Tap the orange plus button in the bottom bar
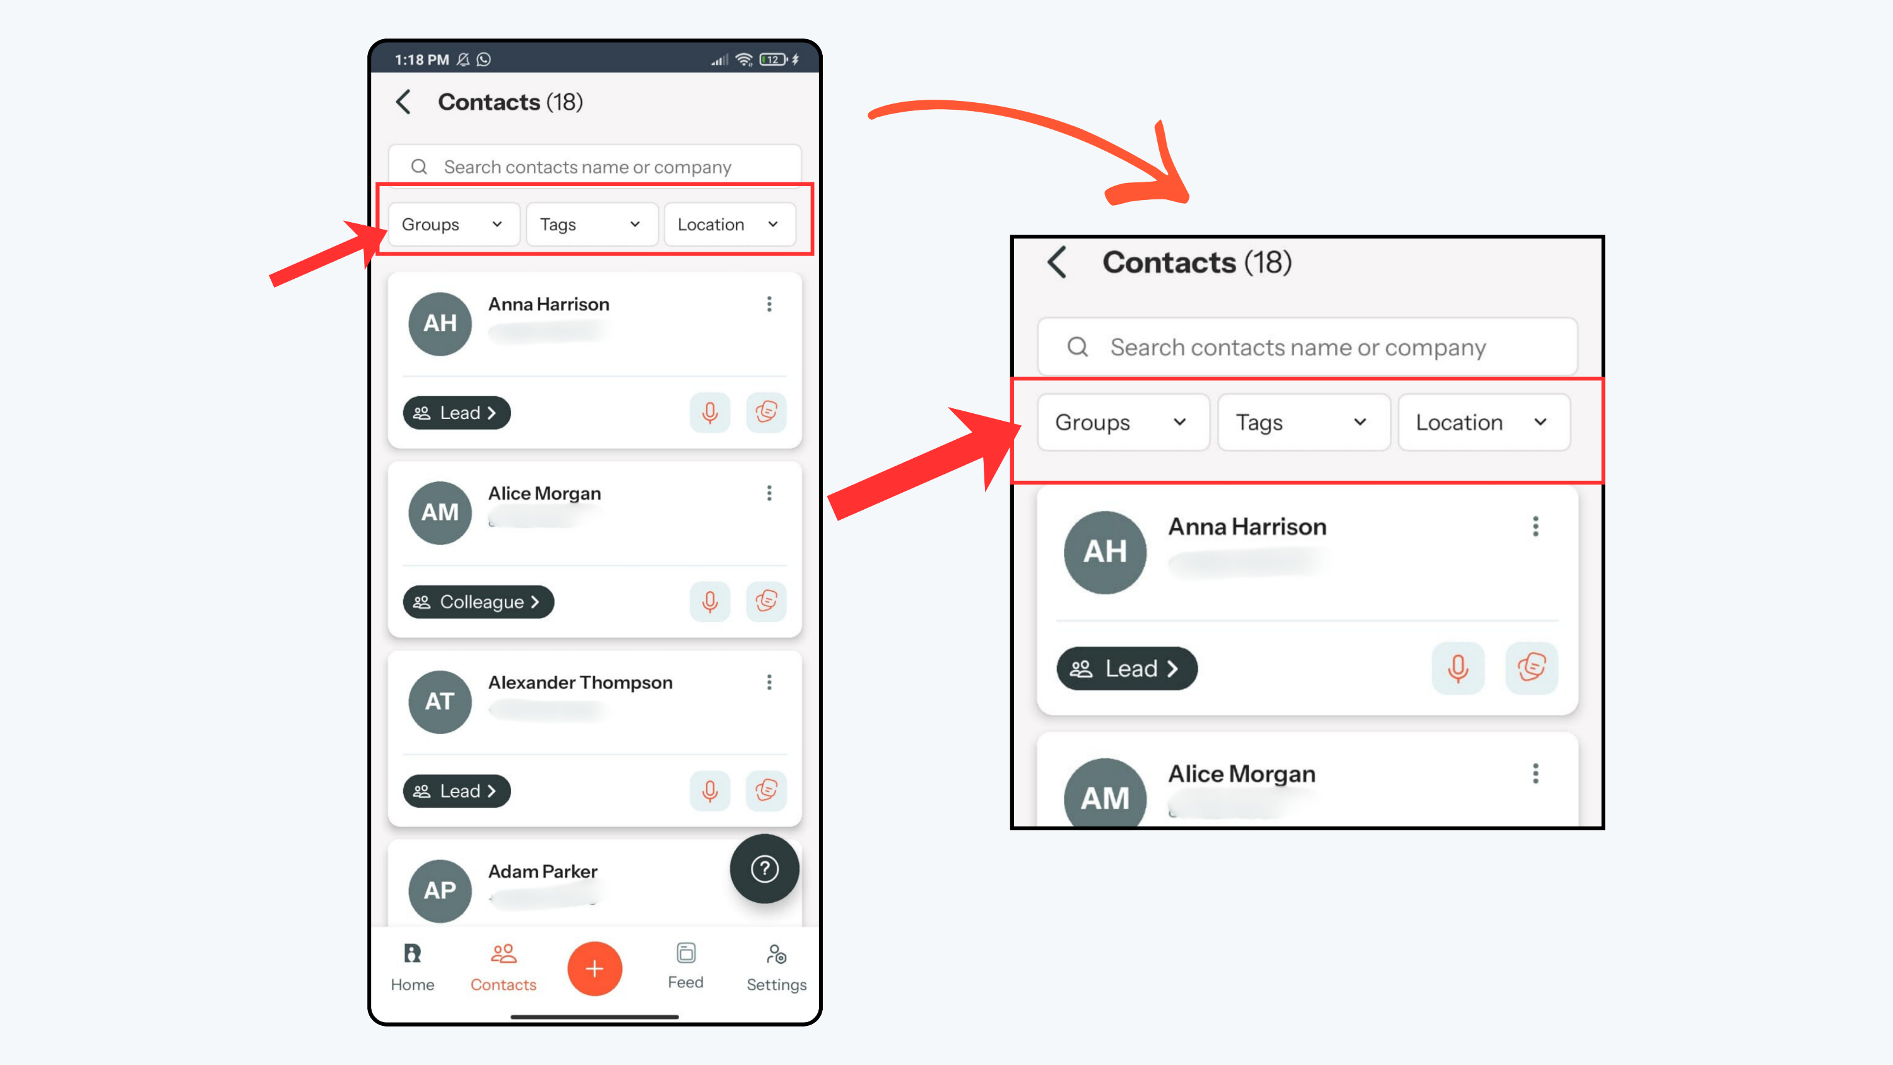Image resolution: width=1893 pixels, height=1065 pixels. (x=594, y=968)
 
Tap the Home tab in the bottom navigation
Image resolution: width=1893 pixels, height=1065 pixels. (x=412, y=967)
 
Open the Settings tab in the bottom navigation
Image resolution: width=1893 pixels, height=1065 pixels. (x=776, y=967)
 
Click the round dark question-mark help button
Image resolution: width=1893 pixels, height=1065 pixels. (x=764, y=869)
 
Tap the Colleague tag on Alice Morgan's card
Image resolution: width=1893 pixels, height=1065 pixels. (x=478, y=602)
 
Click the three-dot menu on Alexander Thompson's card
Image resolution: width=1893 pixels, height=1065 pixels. (x=769, y=682)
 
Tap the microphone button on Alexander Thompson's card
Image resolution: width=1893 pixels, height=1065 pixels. (x=710, y=791)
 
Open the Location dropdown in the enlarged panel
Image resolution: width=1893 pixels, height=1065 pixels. (x=1483, y=422)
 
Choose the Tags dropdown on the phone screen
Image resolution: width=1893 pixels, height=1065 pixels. (x=592, y=224)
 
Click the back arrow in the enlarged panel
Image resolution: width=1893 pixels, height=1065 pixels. (x=1057, y=262)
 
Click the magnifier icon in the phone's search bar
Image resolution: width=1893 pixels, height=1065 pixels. (x=419, y=167)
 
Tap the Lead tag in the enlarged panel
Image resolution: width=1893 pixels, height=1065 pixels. (x=1126, y=668)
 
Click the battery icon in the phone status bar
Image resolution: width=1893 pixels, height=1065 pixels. (x=773, y=59)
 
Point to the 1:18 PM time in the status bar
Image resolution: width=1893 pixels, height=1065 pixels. (x=422, y=59)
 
